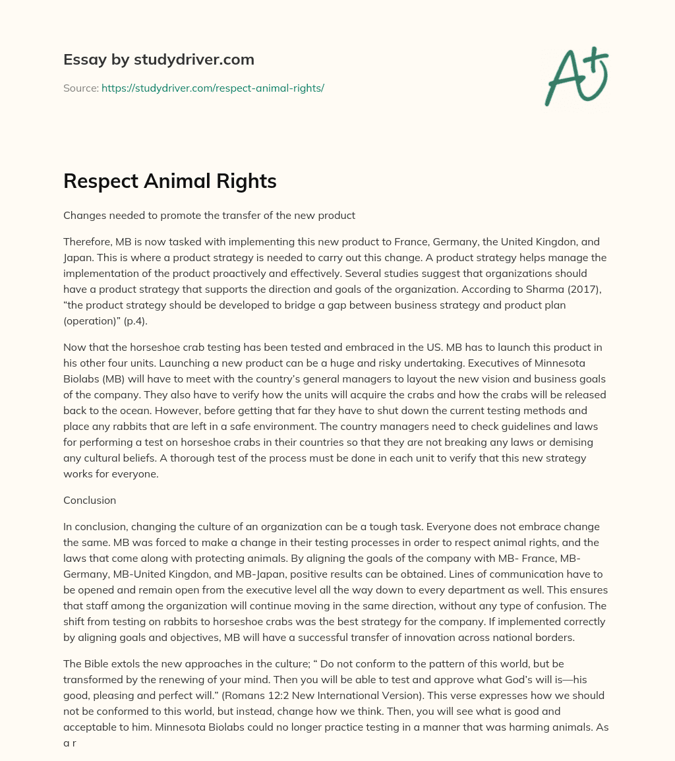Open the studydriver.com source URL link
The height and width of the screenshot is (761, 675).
(x=212, y=88)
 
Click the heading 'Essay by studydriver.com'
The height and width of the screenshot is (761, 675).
(x=158, y=59)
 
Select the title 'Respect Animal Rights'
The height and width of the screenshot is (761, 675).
(x=169, y=181)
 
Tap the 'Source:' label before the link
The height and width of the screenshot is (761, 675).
(x=80, y=88)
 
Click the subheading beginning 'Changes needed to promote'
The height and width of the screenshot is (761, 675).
(x=209, y=215)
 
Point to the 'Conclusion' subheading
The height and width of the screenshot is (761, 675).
(x=90, y=500)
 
